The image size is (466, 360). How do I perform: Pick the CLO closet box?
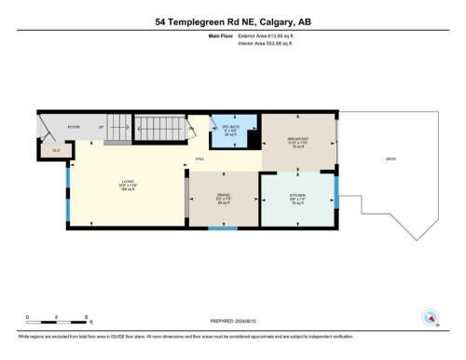coord(56,149)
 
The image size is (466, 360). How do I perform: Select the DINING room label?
coord(224,198)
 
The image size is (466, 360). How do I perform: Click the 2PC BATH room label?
coord(230,129)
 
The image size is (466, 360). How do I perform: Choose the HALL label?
coord(199,159)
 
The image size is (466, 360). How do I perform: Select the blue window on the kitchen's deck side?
coord(336,199)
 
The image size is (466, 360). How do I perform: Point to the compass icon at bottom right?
coord(431,318)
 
